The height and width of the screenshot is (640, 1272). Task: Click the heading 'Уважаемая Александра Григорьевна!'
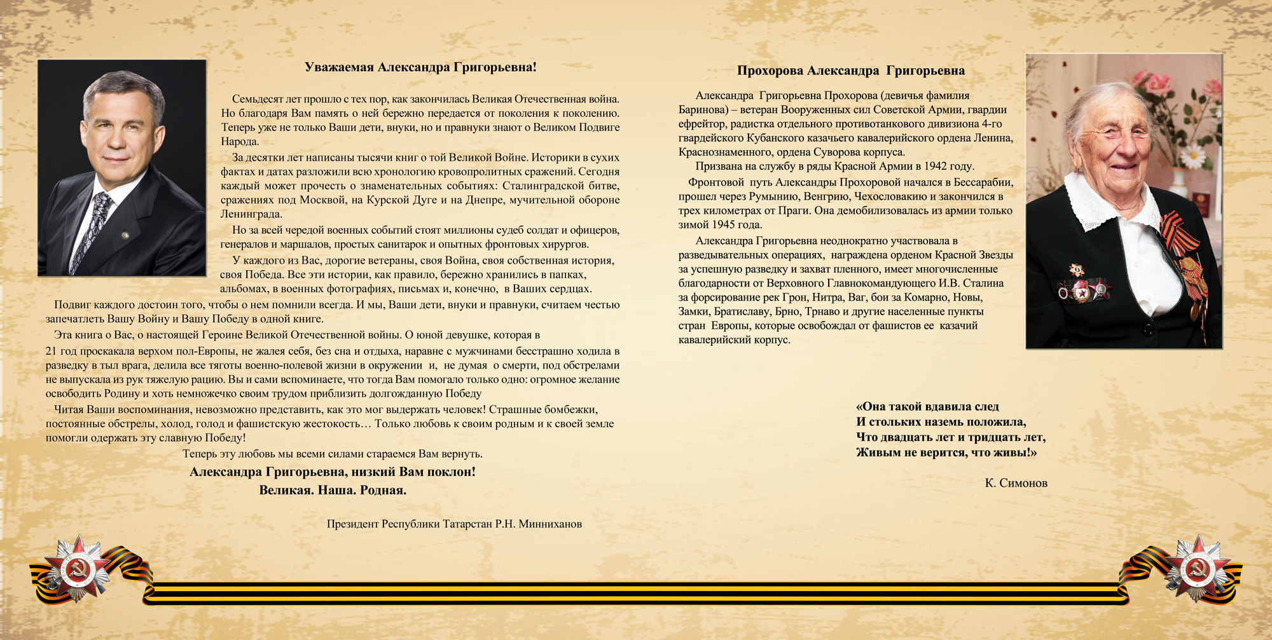(420, 67)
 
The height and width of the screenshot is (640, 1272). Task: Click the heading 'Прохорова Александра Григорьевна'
(850, 71)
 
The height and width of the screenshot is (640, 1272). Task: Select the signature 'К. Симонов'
(1016, 483)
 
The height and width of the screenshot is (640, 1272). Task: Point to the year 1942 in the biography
(936, 167)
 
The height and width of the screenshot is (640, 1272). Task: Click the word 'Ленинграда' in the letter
(251, 214)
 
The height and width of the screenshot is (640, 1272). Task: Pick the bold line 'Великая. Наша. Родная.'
(333, 490)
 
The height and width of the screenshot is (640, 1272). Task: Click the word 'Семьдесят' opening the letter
(257, 99)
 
